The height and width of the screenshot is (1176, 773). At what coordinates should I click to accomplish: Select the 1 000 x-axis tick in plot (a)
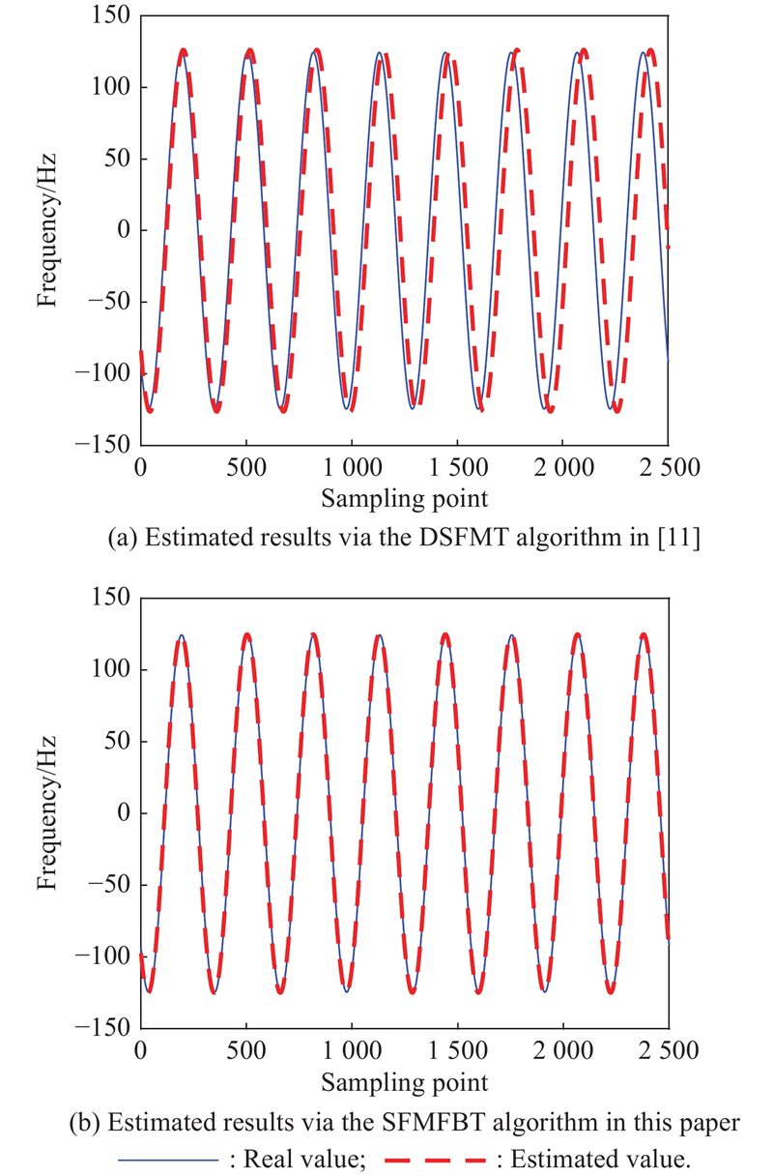pos(351,466)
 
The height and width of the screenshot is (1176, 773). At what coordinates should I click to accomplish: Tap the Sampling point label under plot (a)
pos(404,499)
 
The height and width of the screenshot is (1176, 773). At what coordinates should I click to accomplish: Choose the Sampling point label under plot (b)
pos(404,1080)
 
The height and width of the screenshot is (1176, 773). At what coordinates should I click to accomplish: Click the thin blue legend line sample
pos(168,1159)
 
